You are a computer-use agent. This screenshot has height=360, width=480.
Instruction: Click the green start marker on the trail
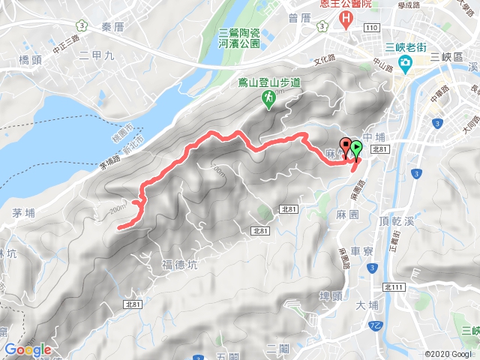[356, 148]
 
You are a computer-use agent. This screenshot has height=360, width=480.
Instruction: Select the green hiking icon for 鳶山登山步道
[267, 98]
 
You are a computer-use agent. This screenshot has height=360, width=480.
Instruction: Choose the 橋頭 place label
[34, 59]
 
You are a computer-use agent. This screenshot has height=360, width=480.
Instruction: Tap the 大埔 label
[368, 304]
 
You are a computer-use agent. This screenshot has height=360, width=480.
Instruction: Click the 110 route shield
[373, 28]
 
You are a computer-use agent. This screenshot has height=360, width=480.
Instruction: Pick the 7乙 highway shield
[375, 325]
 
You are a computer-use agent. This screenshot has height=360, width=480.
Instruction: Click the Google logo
[27, 349]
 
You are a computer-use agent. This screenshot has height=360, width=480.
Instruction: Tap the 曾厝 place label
[298, 16]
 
